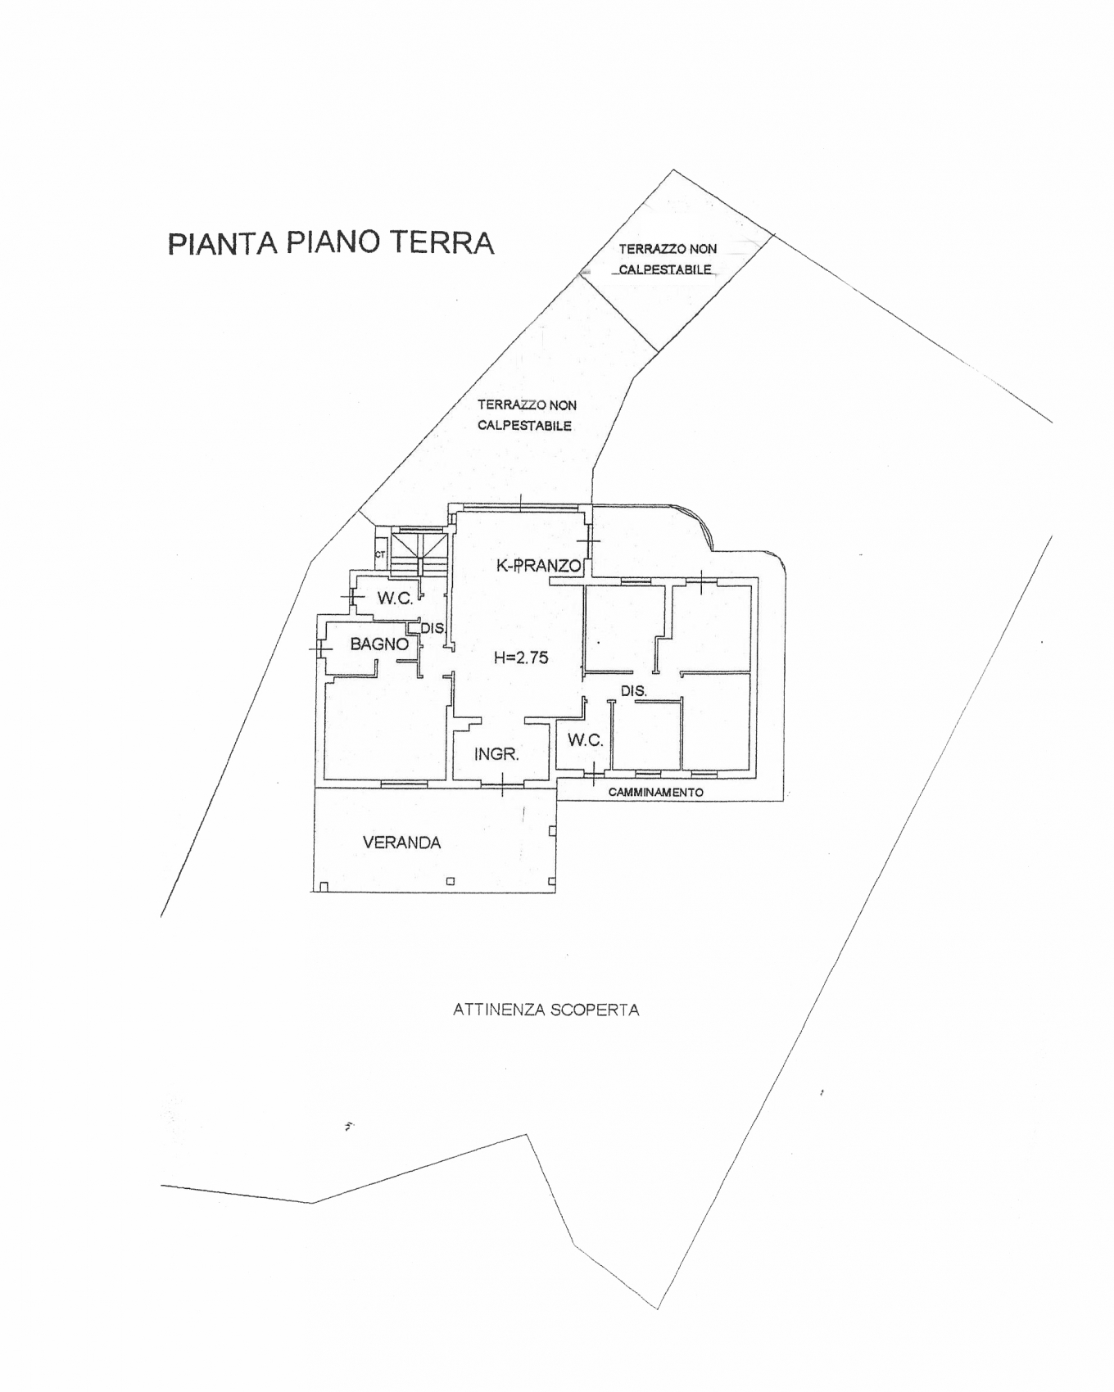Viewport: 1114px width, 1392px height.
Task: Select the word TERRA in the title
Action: [x=441, y=242]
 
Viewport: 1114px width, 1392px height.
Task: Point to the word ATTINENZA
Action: [x=498, y=1010]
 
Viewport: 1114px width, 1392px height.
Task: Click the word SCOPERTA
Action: [x=595, y=1010]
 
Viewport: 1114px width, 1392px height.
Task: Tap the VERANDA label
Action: [x=401, y=843]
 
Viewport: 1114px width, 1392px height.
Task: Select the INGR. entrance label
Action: [x=496, y=754]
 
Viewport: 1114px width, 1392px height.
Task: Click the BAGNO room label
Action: [x=379, y=644]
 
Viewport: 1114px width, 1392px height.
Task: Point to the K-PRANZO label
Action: [x=539, y=565]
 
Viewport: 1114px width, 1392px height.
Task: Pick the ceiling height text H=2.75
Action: [x=521, y=657]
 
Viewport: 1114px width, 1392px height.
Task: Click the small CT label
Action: [x=380, y=554]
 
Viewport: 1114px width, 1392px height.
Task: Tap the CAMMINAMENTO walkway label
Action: [x=655, y=792]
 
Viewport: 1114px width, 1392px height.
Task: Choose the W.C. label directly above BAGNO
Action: [x=395, y=599]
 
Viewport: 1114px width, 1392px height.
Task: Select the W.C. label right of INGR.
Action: [x=585, y=740]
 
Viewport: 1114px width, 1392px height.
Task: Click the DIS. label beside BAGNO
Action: [x=432, y=629]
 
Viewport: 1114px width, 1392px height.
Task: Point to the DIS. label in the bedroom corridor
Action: [x=633, y=691]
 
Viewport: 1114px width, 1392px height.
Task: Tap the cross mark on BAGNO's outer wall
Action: [x=319, y=649]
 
